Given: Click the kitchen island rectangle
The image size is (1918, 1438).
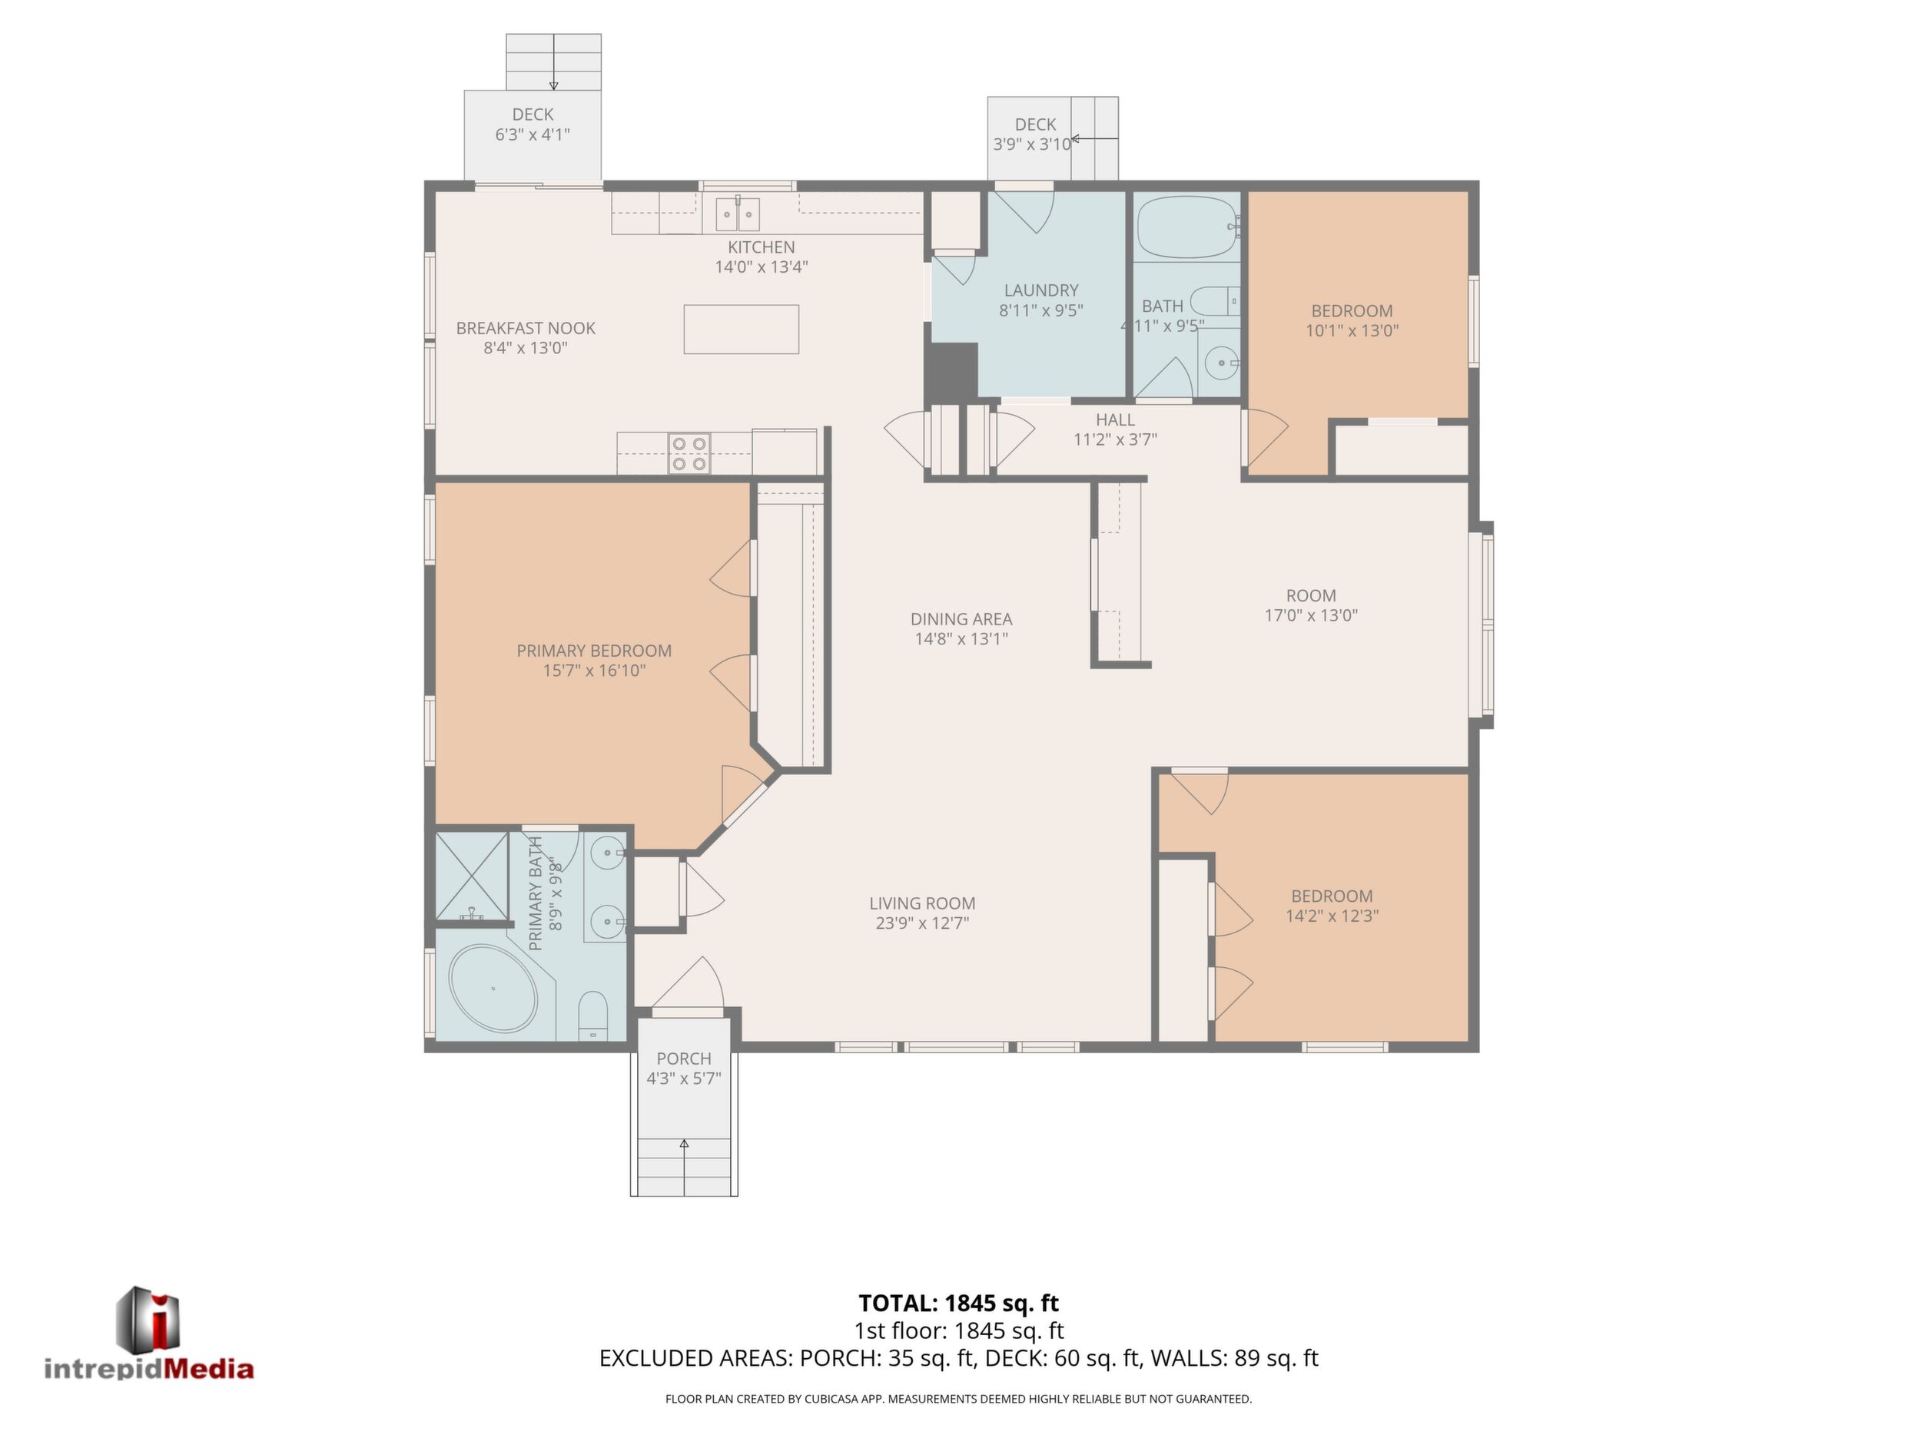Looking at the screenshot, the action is coord(741,330).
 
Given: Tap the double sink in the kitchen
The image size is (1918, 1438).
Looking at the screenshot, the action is coord(738,214).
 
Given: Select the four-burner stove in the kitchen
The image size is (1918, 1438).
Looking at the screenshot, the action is coord(689,454).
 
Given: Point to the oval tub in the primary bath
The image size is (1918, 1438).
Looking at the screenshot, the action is coord(493,988).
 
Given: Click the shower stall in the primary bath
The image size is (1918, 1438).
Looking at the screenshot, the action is coord(472,876).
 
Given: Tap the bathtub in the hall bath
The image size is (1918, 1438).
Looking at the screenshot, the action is coord(1188,227).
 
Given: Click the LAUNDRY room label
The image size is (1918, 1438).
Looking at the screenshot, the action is coord(1040,290).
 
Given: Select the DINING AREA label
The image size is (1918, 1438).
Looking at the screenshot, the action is coord(961,619).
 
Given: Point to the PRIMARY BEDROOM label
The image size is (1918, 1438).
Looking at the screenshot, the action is coord(594,651).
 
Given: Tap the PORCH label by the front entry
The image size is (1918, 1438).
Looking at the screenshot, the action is coord(683,1059).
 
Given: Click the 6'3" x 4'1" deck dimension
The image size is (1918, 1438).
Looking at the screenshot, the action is coord(533,134).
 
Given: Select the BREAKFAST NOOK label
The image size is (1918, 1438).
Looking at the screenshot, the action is coord(526,329).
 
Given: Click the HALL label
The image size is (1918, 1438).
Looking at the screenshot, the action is coord(1115,420).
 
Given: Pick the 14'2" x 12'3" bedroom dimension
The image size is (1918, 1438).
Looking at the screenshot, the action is coord(1332,916).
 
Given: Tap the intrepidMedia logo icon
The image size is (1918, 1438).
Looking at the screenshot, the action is coord(148,1318).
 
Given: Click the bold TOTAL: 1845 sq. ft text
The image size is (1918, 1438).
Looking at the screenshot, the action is coord(958,1303).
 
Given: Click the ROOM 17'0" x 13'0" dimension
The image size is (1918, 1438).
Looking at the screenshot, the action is coord(1311,615).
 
